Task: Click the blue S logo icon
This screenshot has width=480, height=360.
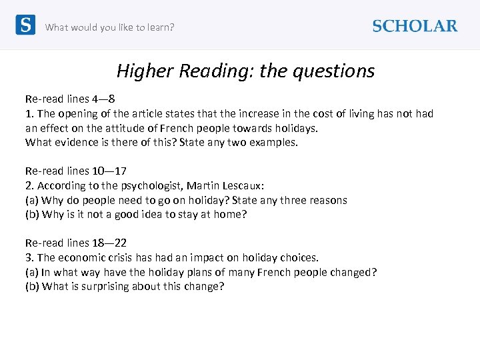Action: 25,25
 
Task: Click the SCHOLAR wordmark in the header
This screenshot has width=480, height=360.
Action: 415,26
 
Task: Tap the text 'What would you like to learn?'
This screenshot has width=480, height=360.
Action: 109,27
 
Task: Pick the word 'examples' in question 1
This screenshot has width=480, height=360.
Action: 273,142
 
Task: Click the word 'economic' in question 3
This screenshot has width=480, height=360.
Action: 82,258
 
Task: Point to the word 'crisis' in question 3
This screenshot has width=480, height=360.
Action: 121,258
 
